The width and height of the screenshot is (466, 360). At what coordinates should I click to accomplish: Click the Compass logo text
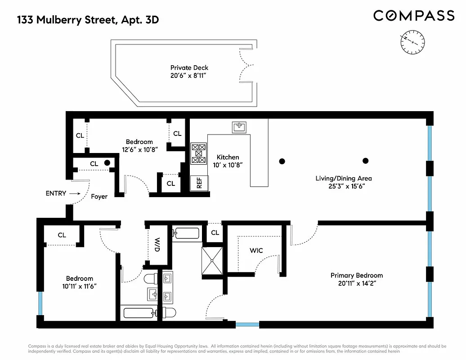pos(414,16)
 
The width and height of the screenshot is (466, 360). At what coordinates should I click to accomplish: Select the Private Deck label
pos(189,72)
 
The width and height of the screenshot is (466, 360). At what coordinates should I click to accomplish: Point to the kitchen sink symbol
pos(239,127)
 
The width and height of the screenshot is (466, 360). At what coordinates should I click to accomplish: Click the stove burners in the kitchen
pos(198,153)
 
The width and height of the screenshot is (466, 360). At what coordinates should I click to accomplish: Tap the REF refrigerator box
pos(199,183)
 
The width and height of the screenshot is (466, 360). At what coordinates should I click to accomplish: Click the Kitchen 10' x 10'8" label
pos(228,161)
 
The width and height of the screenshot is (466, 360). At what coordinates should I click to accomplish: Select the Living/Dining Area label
pos(343,182)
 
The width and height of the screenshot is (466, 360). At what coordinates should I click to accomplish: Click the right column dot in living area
pos(366,161)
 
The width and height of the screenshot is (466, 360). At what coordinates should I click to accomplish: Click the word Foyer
pos(99,197)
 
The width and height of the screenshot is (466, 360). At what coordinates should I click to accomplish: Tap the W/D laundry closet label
pos(157,244)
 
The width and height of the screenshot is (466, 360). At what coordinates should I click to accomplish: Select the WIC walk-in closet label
pos(256,250)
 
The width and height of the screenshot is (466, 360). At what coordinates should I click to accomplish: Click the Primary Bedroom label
pos(357,279)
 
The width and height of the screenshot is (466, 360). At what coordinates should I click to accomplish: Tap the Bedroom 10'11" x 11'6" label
pos(79,282)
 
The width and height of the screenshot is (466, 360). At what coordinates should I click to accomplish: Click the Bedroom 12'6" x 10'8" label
pos(139,146)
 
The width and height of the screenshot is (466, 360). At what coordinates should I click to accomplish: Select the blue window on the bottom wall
pos(247,324)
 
